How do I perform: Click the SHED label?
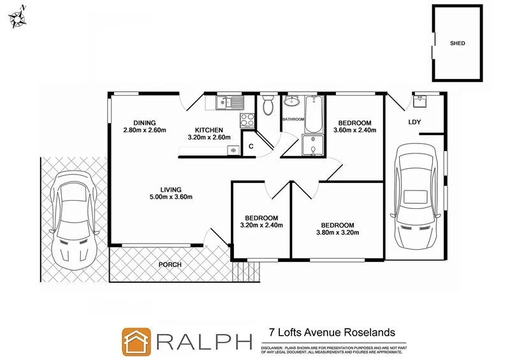coord(458,43)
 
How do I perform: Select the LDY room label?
coord(414,122)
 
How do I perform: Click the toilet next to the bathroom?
coord(268,103)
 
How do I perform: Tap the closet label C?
coord(251,147)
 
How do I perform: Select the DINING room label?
coord(145,123)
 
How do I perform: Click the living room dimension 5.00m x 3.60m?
coord(171,197)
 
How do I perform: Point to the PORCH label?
coord(171,264)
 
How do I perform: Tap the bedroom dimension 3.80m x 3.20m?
coord(337,233)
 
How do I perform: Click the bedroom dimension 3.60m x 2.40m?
coord(354,131)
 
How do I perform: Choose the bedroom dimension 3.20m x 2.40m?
coord(261,225)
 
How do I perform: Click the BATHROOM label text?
coord(294,119)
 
